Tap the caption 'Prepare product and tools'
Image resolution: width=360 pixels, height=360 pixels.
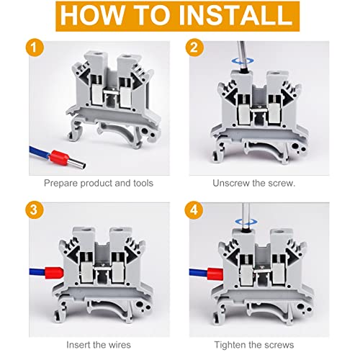(x=98, y=184)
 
